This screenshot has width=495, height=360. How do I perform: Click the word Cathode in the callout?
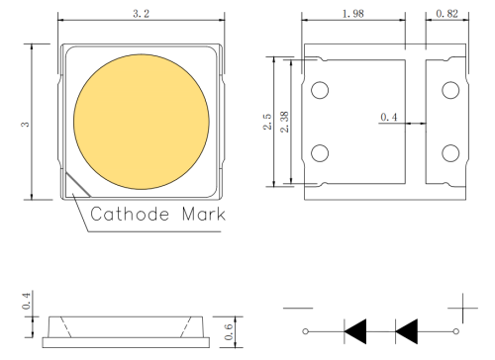(132, 214)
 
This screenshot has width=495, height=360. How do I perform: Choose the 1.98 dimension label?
(351, 14)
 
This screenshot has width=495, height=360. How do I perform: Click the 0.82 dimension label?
(447, 14)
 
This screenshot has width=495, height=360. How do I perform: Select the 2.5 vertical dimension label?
(267, 121)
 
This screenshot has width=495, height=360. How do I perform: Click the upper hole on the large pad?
(320, 90)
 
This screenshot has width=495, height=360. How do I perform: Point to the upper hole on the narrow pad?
(450, 90)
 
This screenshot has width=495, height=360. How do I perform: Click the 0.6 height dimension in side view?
(229, 332)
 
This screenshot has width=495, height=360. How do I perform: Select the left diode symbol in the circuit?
(356, 329)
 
